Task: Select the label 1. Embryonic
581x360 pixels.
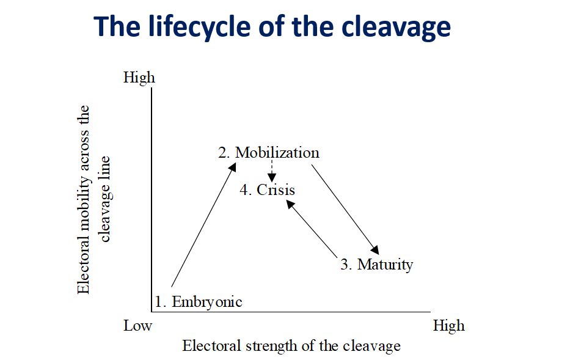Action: coord(198,302)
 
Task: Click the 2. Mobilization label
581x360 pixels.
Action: coord(269,152)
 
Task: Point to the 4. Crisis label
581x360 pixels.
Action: coord(267,190)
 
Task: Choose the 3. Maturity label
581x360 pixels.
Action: coord(376,265)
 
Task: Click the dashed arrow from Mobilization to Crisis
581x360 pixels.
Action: coord(272,171)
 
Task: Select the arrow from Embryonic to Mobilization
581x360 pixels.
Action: coord(203,225)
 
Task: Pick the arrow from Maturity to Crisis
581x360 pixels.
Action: coord(312,229)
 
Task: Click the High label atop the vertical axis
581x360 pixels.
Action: coord(139,78)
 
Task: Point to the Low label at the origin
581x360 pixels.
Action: coord(137,326)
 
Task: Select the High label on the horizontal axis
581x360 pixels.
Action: coord(448,326)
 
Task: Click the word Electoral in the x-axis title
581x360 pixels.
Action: coord(211,346)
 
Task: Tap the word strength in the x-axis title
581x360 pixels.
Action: coord(272,347)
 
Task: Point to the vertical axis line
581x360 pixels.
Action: coord(152,200)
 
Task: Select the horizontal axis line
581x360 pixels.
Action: coord(291,312)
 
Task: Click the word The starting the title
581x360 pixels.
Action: coord(117,27)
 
